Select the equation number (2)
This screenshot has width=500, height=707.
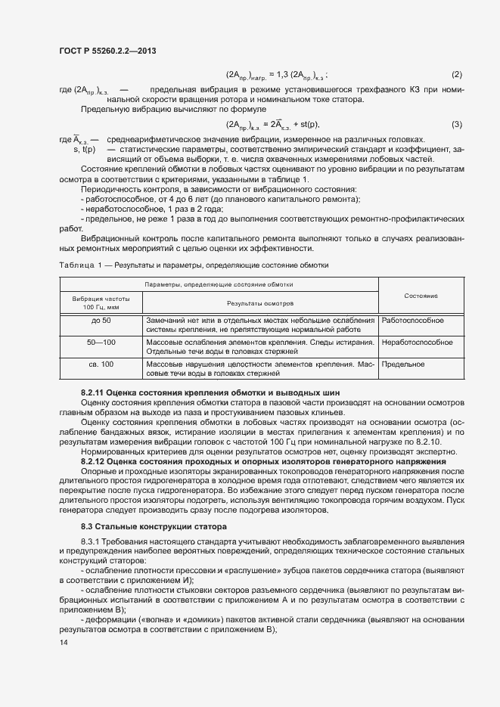[x=456, y=74]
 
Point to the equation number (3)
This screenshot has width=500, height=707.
[x=456, y=124]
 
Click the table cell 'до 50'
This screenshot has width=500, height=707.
[x=101, y=321]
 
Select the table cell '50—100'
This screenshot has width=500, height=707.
[x=101, y=343]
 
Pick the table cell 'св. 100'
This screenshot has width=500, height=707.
[x=101, y=364]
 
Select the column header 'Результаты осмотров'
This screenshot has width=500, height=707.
[x=259, y=302]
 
